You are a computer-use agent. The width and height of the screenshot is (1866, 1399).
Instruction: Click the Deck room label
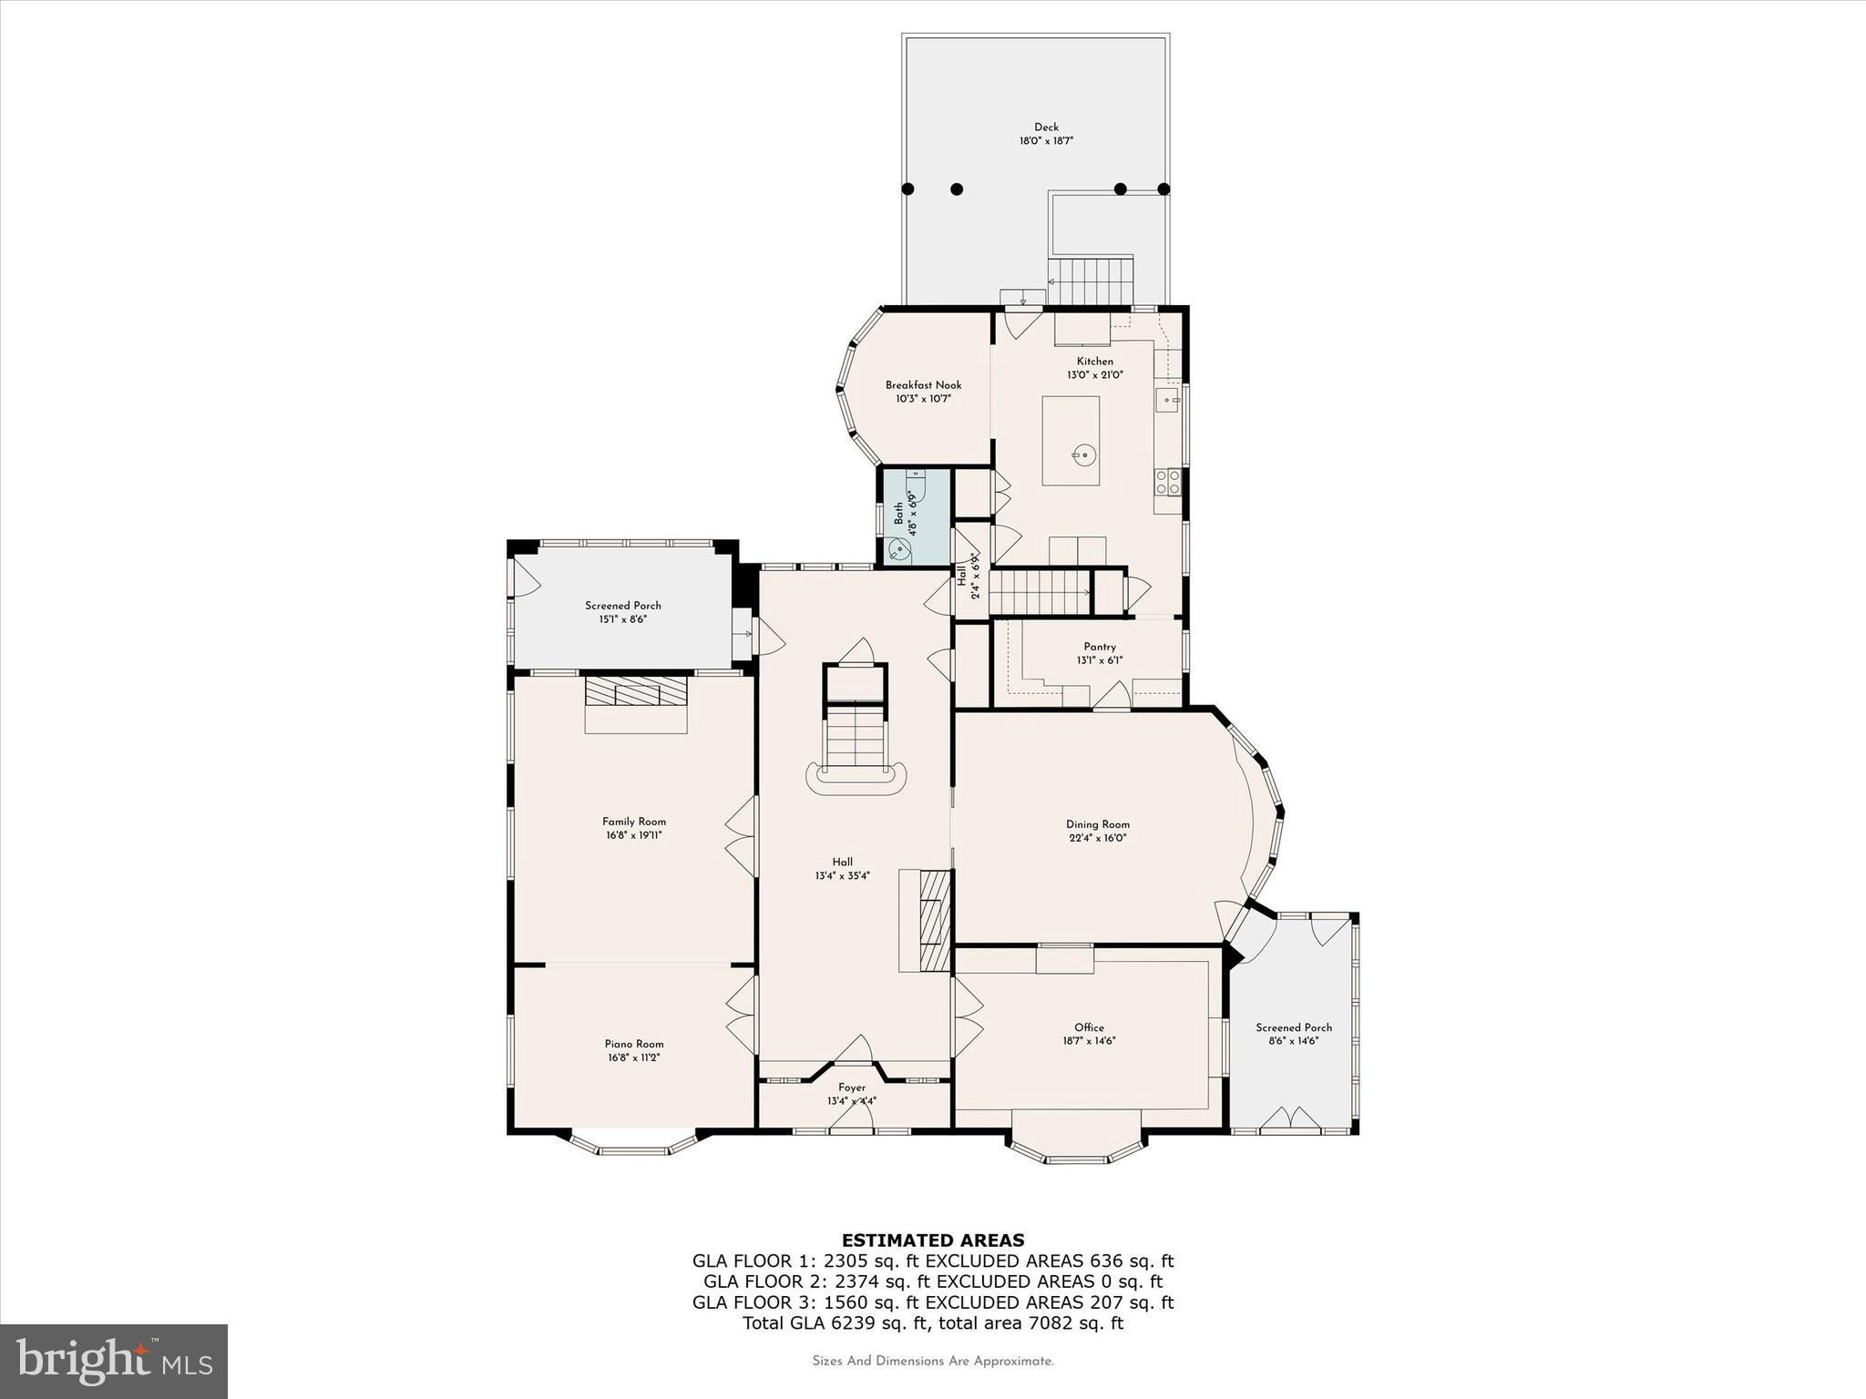1046,128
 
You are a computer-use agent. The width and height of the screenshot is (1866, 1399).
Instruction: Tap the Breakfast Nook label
923,385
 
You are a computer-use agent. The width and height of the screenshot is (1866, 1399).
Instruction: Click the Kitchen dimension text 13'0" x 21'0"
1095,374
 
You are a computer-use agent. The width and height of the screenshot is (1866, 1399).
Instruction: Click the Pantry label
1100,647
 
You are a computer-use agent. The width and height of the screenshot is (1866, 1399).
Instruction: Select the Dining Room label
1097,824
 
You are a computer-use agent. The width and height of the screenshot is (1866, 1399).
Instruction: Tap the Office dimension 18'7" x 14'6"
1089,1041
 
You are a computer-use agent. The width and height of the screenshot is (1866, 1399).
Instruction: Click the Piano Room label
634,1044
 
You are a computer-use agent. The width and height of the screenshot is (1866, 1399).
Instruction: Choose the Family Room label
633,822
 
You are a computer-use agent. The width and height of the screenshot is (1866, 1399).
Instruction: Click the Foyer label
852,1088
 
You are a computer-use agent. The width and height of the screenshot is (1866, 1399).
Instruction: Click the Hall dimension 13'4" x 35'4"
842,876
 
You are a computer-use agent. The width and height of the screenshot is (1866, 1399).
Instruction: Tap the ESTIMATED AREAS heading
933,1240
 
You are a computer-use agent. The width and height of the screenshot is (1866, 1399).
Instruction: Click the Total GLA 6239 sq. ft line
933,1323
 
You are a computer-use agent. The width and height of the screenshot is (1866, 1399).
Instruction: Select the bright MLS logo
114,1362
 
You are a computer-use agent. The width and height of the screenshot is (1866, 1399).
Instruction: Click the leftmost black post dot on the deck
907,189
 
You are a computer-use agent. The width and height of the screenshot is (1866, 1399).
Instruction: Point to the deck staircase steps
1090,281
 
